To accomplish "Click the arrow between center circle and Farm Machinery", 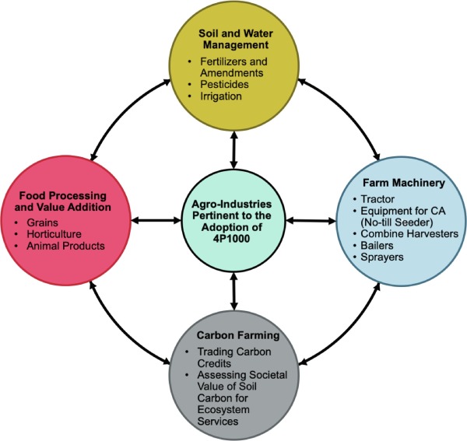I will coord(310,221).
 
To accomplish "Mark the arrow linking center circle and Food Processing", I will coord(156,221).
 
